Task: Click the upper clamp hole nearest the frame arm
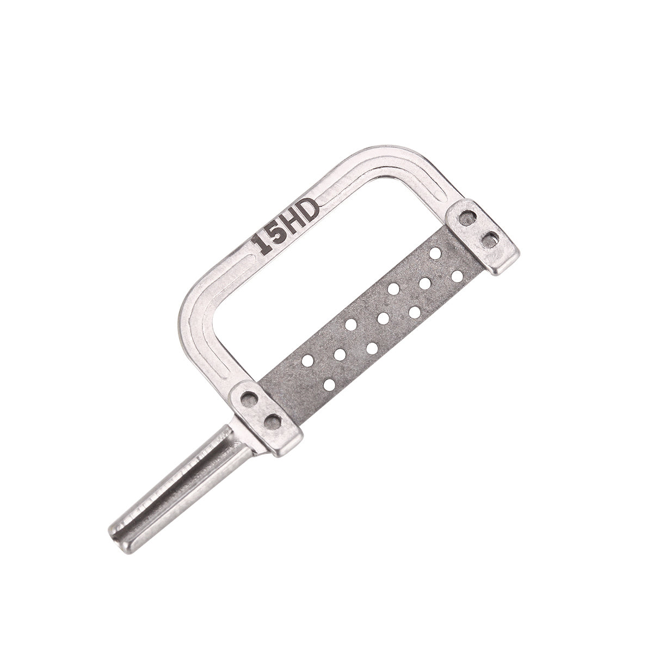tap(466, 219)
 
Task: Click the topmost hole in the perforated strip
tap(435, 253)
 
